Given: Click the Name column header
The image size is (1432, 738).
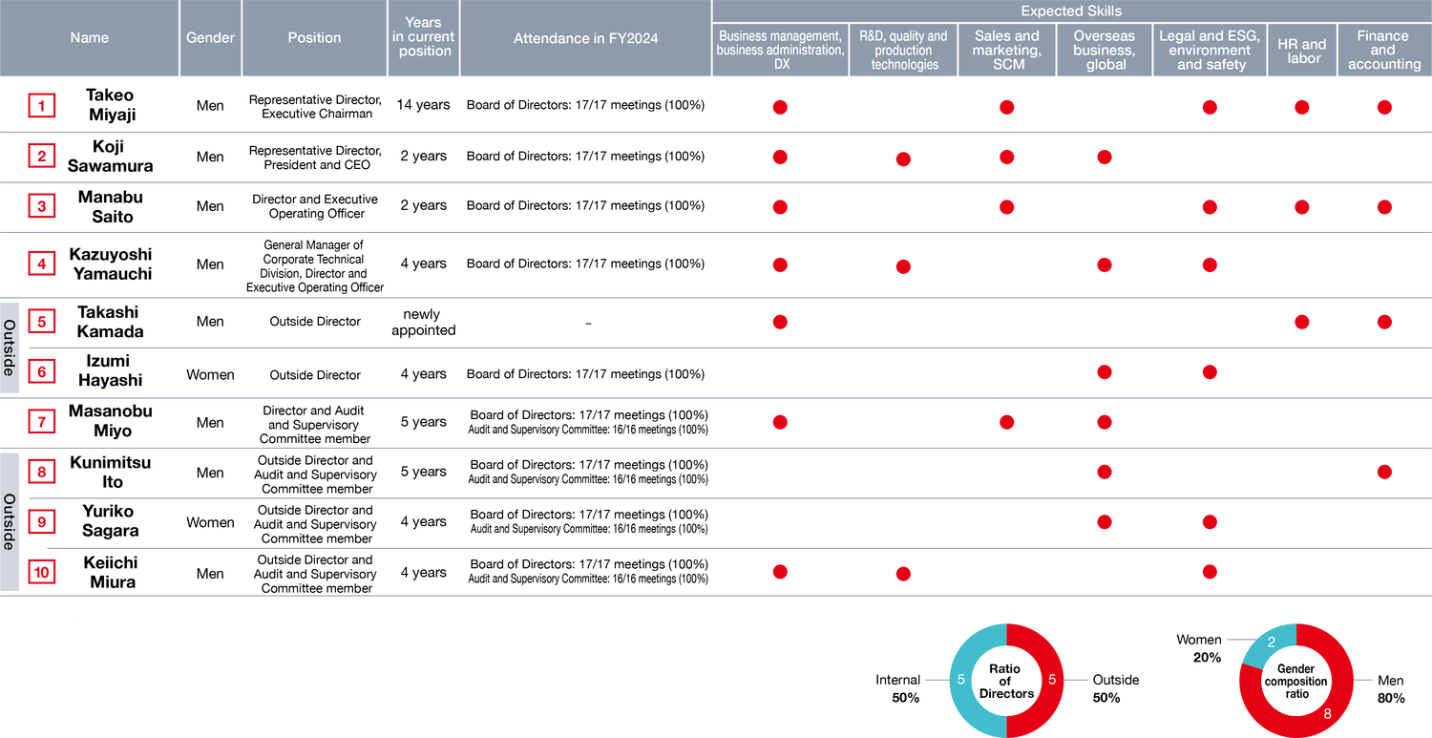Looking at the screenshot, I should (x=90, y=38).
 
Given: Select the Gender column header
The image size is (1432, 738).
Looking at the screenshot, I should (x=210, y=38).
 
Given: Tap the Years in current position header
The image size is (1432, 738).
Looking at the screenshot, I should (x=423, y=37).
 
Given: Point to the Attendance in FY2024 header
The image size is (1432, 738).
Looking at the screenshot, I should (x=585, y=38).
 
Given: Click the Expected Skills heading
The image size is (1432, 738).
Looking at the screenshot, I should (x=1071, y=11).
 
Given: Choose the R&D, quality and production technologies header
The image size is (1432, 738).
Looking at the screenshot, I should (x=903, y=51).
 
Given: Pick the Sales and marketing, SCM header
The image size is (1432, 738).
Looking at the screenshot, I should (x=1007, y=51).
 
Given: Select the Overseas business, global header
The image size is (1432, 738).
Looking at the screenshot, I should (x=1105, y=51).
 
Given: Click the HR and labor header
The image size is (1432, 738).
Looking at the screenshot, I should (x=1302, y=51).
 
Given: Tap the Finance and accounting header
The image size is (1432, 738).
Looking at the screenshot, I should (x=1383, y=51).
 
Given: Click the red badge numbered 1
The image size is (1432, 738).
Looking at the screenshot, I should (x=42, y=106).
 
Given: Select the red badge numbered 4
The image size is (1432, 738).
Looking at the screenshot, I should (x=42, y=264).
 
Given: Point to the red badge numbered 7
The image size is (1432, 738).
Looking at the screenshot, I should (x=42, y=421).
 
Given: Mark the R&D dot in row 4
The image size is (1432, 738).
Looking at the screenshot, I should (x=903, y=266).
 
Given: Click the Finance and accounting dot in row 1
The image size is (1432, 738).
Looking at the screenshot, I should (x=1384, y=107).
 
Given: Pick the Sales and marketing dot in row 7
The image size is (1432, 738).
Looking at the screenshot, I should (x=1006, y=422).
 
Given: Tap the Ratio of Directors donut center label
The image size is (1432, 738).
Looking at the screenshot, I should (x=1005, y=681).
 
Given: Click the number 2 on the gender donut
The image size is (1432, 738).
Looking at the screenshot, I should (x=1272, y=643).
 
